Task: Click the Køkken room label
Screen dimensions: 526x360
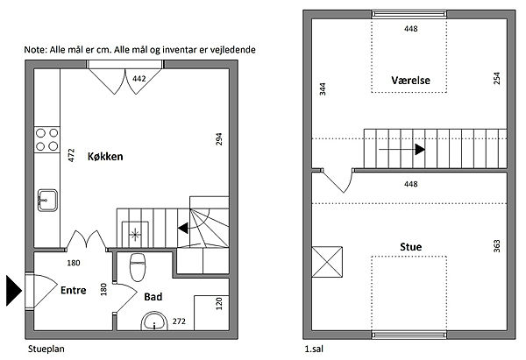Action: pyautogui.click(x=105, y=156)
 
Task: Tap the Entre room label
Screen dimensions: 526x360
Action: pyautogui.click(x=73, y=290)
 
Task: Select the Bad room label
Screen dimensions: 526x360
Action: pyautogui.click(x=153, y=297)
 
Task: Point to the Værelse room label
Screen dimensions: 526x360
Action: pyautogui.click(x=410, y=80)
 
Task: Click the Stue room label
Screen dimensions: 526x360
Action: pyautogui.click(x=410, y=247)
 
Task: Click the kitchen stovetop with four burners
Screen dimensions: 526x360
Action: pyautogui.click(x=47, y=140)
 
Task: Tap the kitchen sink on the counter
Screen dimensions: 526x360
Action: pyautogui.click(x=47, y=201)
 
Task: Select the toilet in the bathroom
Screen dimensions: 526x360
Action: pyautogui.click(x=138, y=267)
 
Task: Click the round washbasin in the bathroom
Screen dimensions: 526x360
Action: pyautogui.click(x=154, y=321)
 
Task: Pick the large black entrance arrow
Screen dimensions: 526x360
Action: pyautogui.click(x=14, y=290)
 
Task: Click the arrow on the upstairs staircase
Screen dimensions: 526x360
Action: pyautogui.click(x=402, y=150)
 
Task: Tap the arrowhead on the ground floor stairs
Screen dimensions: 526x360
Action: pyautogui.click(x=183, y=229)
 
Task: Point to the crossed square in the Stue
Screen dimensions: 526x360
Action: pyautogui.click(x=327, y=262)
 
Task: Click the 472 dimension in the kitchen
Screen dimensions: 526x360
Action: pyautogui.click(x=71, y=155)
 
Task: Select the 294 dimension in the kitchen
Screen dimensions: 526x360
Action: pyautogui.click(x=218, y=139)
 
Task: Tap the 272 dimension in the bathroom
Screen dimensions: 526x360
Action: pyautogui.click(x=179, y=321)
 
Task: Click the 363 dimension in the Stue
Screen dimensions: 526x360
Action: pyautogui.click(x=497, y=246)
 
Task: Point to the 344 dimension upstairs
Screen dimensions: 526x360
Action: pyautogui.click(x=323, y=89)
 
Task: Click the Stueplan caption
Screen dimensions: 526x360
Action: pyautogui.click(x=46, y=349)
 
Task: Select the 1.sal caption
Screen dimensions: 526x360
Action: pyautogui.click(x=314, y=349)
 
